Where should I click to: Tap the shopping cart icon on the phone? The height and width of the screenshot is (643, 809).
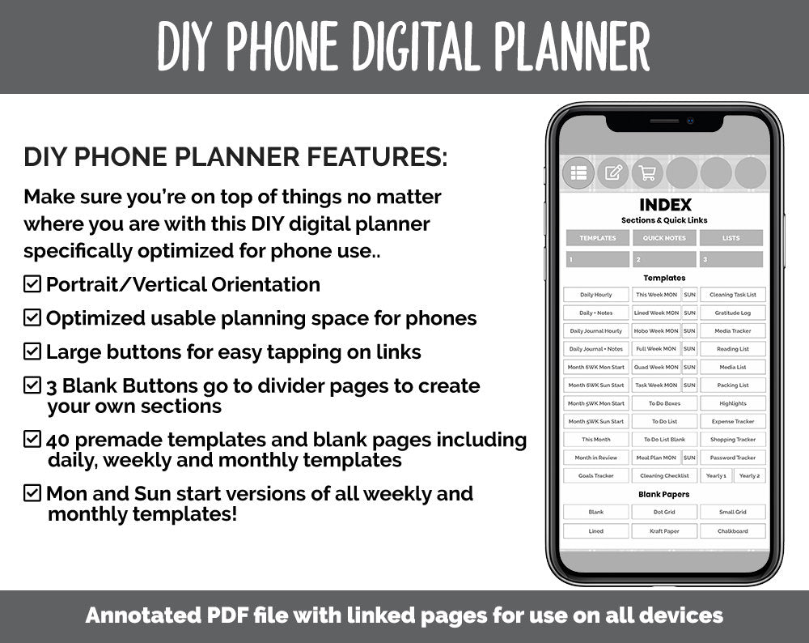647,172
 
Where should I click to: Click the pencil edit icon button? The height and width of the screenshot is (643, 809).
613,172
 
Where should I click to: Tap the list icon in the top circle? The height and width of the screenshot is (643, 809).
578,172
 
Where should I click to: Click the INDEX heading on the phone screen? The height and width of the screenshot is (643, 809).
665,205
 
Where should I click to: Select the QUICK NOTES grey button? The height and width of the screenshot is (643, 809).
664,238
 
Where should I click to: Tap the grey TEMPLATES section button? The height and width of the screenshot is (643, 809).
597,238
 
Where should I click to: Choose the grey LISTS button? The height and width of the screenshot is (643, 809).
731,238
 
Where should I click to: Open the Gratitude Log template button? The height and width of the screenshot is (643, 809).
733,313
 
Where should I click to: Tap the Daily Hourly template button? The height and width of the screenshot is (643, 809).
596,295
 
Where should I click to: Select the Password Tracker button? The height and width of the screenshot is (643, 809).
733,458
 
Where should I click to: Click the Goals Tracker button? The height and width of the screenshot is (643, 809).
596,476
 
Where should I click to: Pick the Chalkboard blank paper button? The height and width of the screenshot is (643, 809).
733,531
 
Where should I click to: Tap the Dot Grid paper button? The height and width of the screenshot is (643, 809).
664,512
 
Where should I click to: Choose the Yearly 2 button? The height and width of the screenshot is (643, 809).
749,476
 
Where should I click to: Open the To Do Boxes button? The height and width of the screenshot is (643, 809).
664,403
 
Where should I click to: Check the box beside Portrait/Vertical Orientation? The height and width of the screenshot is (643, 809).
32,284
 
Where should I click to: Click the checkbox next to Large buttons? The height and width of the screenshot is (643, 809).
32,351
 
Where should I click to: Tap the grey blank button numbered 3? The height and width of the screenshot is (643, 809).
731,259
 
